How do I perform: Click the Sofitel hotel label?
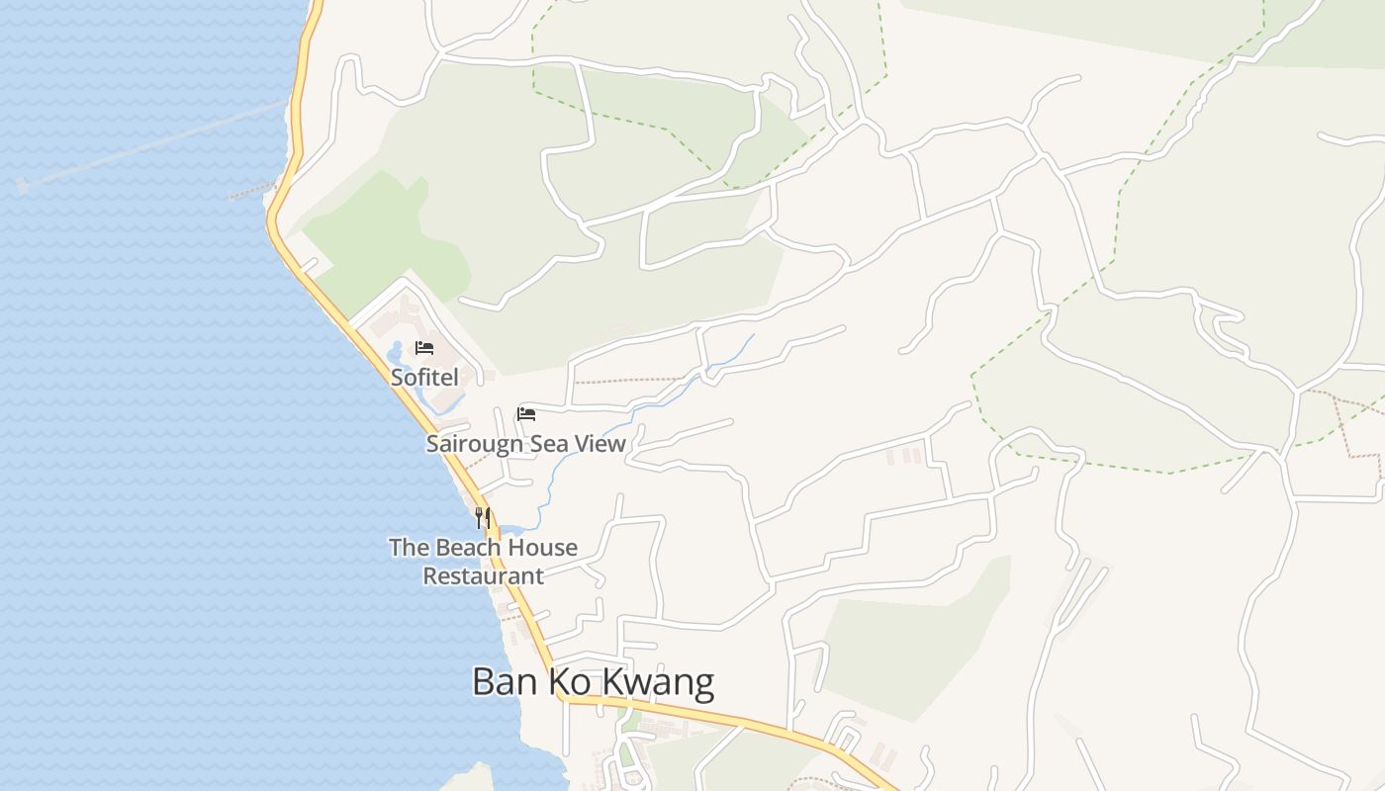[x=424, y=377]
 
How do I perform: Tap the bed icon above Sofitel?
[x=424, y=348]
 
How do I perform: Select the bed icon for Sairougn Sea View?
[x=526, y=413]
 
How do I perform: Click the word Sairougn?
[x=474, y=444]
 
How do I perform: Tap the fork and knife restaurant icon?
[x=483, y=517]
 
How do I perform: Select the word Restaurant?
[x=484, y=575]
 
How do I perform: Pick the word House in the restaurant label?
[x=543, y=548]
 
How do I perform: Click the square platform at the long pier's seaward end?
[x=22, y=185]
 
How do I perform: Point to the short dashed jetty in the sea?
[x=251, y=191]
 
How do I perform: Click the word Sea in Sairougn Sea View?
[x=549, y=443]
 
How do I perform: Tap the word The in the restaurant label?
[x=408, y=548]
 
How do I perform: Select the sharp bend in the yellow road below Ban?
[x=561, y=696]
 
